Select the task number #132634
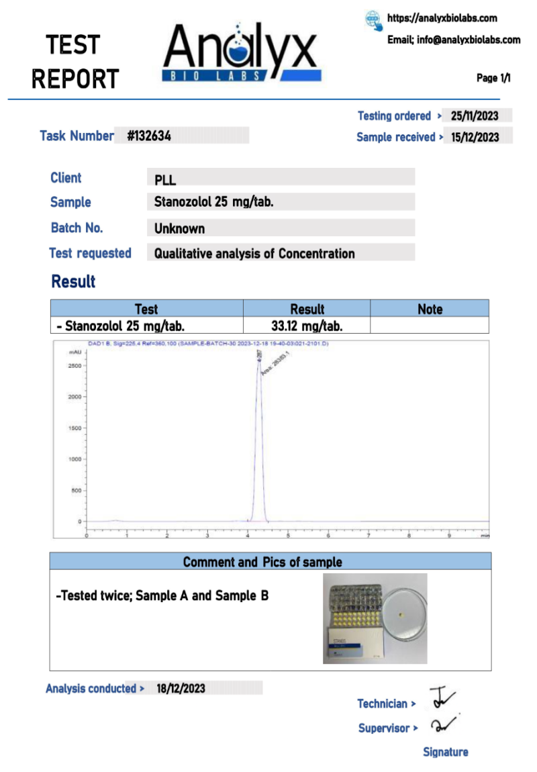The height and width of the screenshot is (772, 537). tap(149, 136)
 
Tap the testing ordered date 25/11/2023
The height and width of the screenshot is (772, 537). tap(475, 116)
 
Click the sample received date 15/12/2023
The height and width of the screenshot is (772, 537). tap(475, 137)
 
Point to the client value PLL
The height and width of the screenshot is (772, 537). tap(165, 179)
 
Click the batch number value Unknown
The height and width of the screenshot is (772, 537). tap(179, 228)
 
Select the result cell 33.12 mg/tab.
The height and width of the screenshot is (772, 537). tap(307, 326)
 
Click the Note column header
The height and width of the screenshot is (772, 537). tap(430, 309)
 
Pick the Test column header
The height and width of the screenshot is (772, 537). tap(146, 309)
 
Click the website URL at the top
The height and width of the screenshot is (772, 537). tap(442, 18)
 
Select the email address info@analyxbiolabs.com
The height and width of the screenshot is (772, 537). tap(469, 40)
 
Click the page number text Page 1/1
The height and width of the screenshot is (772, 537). tap(493, 79)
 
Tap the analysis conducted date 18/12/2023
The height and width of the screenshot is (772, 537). tap(181, 688)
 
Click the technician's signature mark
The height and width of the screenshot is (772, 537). tap(442, 698)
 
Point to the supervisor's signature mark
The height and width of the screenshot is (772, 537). tap(443, 725)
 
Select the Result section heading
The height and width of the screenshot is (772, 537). tap(74, 281)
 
